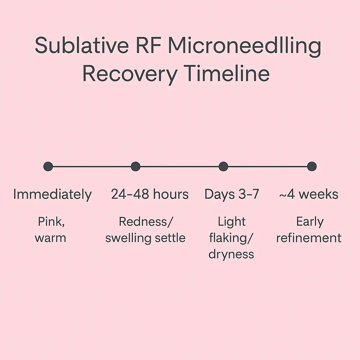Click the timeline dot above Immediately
[x=48, y=166]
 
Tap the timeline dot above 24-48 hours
[x=136, y=166]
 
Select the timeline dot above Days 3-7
[x=223, y=166]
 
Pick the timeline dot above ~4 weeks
[x=311, y=166]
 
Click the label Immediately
[x=52, y=194]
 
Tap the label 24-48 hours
[x=150, y=194]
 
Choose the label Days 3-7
[x=232, y=194]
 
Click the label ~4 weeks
[x=309, y=194]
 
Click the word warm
[x=50, y=238]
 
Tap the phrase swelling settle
[x=145, y=238]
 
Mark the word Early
[x=310, y=222]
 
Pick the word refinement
[x=309, y=238]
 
